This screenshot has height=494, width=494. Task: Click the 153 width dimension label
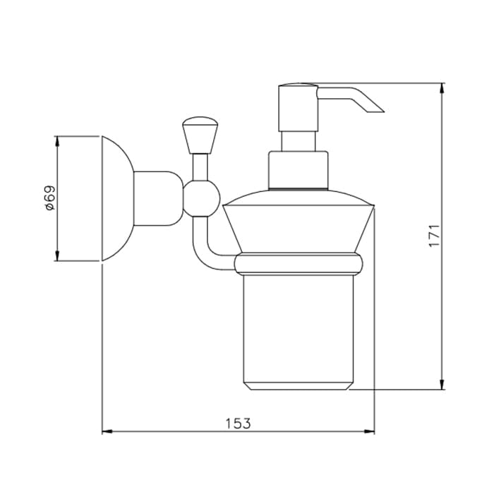pyautogui.click(x=238, y=423)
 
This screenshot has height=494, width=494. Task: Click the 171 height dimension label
pyautogui.click(x=434, y=236)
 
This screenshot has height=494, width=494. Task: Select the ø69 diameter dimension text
pyautogui.click(x=50, y=198)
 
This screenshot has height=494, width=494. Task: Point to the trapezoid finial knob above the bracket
pyautogui.click(x=200, y=135)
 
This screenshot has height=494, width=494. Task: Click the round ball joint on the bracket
pyautogui.click(x=201, y=199)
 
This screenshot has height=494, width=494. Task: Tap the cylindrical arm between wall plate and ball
pyautogui.click(x=158, y=198)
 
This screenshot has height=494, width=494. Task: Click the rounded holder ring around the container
pyautogui.click(x=299, y=263)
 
